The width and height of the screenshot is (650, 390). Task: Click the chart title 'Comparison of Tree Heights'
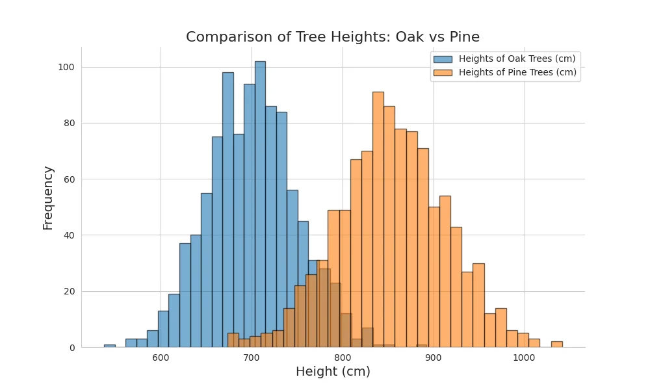pyautogui.click(x=333, y=37)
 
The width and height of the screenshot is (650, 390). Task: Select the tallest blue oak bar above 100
pyautogui.click(x=260, y=195)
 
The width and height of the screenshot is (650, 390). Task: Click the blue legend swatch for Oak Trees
pyautogui.click(x=443, y=58)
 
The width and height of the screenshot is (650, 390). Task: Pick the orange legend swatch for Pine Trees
pyautogui.click(x=443, y=73)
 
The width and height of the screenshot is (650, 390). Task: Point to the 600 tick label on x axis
pyautogui.click(x=161, y=357)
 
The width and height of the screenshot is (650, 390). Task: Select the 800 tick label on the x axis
pyautogui.click(x=343, y=357)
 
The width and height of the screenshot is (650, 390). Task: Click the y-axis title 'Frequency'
pyautogui.click(x=48, y=197)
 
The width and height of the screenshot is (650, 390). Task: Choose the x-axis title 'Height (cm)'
pyautogui.click(x=333, y=372)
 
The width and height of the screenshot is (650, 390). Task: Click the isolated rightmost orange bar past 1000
pyautogui.click(x=556, y=344)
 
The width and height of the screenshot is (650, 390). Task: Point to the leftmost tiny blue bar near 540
pyautogui.click(x=110, y=346)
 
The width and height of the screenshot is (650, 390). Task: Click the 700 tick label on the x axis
pyautogui.click(x=252, y=357)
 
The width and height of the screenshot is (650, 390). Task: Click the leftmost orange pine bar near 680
pyautogui.click(x=233, y=341)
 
